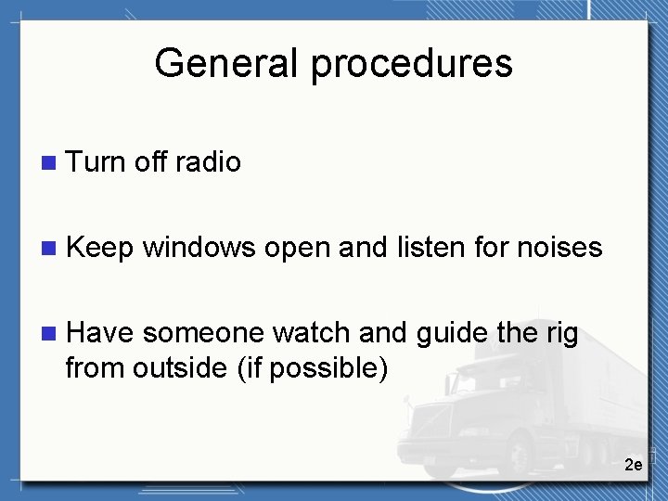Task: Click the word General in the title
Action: pyautogui.click(x=226, y=64)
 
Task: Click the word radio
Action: pyautogui.click(x=208, y=162)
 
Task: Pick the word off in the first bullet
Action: pyautogui.click(x=149, y=162)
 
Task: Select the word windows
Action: pyautogui.click(x=199, y=248)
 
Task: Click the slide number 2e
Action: pyautogui.click(x=633, y=464)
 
